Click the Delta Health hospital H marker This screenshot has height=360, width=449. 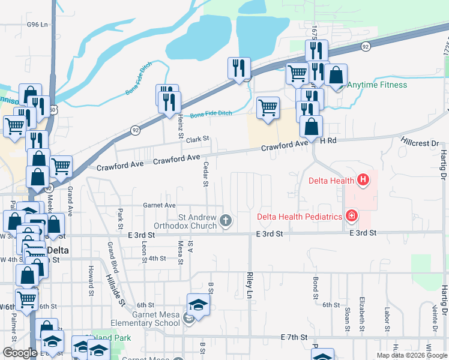pos(363,179)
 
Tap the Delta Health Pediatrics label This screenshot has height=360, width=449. pos(299,217)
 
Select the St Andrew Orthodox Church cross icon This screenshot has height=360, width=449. pos(226,221)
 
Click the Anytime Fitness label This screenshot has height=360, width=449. pos(377,85)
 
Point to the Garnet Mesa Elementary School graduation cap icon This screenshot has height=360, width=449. pos(199,304)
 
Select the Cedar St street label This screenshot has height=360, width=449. pos(206,173)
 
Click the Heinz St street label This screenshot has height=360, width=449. pos(179,128)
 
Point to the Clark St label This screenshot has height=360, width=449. pos(197,139)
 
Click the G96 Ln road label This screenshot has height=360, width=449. pos(37,25)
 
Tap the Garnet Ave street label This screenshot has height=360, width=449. pos(158,205)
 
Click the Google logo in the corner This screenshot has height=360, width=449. pos(20,353)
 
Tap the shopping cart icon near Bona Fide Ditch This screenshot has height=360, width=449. pos(268,108)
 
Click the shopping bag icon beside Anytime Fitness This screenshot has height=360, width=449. pos(337,75)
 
